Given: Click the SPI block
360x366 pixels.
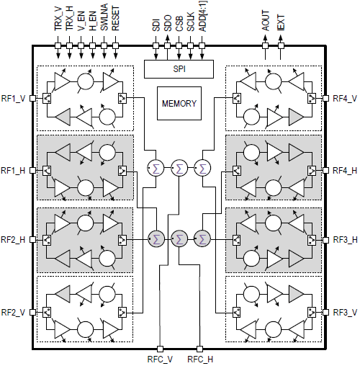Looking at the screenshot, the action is point(179,69).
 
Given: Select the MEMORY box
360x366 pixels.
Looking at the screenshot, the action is point(179,103).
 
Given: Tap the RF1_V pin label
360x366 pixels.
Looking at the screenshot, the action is point(13,99).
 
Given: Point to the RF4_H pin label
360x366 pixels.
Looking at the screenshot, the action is point(345,171).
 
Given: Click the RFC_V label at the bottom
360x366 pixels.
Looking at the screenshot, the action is point(160,360).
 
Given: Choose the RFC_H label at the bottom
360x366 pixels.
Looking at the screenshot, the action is point(200,360).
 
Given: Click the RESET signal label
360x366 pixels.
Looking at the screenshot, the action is point(115,19).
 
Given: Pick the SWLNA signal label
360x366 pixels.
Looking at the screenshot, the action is point(104,17).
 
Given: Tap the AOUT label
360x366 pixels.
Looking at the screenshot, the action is point(266,20).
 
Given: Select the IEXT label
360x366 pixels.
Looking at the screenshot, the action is point(281,22).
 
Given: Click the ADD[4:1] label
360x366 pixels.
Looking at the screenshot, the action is point(203,17).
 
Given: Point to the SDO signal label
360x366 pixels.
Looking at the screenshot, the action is point(168,23).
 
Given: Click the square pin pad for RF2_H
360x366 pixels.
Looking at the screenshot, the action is point(32,239).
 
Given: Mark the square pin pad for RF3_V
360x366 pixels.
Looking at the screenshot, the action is point(325,312).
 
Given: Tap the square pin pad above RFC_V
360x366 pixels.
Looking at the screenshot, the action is point(160,349).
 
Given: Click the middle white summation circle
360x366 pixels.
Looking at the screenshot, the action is point(179,168).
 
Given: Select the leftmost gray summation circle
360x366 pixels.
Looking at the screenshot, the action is point(156,238).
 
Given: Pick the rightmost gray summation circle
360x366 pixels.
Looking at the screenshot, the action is point(202,238).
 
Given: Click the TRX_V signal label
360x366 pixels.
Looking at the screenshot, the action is point(58,19).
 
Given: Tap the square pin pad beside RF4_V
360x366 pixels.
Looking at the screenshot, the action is point(325,98).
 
